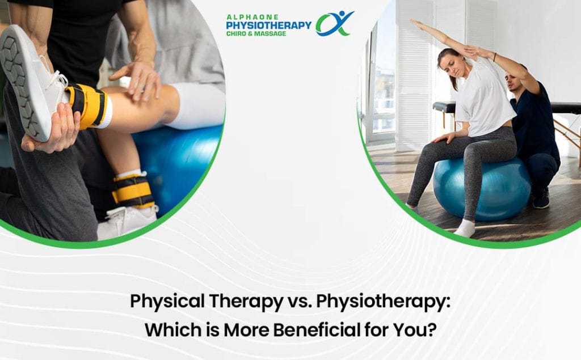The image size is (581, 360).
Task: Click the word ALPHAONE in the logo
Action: click(x=252, y=17)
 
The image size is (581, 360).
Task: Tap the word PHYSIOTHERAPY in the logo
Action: click(x=268, y=25)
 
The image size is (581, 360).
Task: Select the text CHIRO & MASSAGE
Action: click(x=256, y=33)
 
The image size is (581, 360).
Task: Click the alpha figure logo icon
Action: click(x=334, y=23)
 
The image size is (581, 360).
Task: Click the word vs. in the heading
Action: click(x=300, y=302)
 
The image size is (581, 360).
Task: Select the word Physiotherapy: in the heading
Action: click(x=383, y=302)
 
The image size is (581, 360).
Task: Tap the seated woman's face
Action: click(x=452, y=66)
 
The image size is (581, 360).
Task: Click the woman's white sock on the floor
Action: click(x=465, y=227)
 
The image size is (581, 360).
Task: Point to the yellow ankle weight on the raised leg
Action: click(x=88, y=105)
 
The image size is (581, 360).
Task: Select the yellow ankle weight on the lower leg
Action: click(x=133, y=190)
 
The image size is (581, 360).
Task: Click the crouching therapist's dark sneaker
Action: click(x=541, y=198)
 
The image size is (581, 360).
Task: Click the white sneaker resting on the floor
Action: click(x=127, y=221)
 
